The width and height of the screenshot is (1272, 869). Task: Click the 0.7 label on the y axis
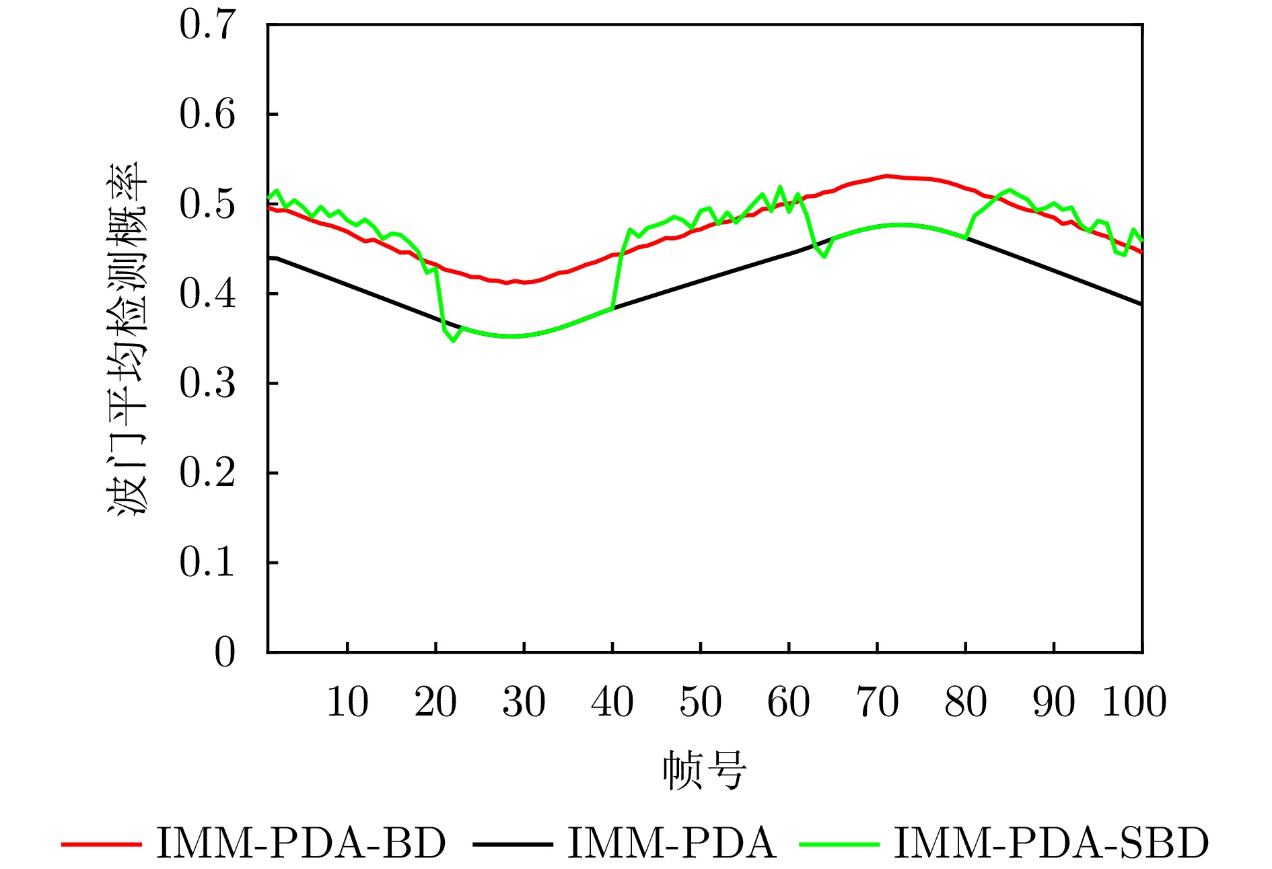point(207,25)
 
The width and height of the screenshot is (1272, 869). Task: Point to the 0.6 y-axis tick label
point(207,114)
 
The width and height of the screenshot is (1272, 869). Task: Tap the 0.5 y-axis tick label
point(207,204)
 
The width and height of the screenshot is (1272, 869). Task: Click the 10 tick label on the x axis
point(347,702)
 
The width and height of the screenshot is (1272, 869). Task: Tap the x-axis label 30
point(524,702)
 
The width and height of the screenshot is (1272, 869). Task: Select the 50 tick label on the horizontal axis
point(701,702)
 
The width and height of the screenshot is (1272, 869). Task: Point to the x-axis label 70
point(877,702)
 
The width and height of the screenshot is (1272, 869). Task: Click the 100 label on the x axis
point(1134,702)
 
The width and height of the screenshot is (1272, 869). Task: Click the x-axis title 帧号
point(704,770)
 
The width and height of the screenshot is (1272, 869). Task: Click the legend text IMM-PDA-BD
point(301,843)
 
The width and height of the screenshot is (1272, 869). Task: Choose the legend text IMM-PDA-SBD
point(1051,843)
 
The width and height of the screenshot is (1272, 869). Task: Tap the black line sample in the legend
point(512,843)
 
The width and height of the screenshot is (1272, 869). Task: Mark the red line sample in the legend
point(101,843)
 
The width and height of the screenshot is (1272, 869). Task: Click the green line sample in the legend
point(839,843)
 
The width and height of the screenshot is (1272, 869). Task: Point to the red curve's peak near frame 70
point(886,176)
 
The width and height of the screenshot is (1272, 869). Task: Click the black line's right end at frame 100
point(1141,304)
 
